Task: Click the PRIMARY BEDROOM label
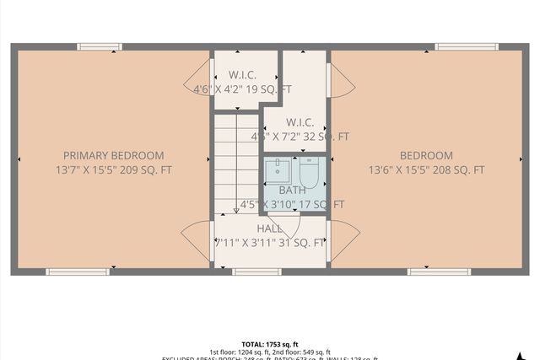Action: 114,155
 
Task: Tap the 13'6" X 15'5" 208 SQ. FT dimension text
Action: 426,169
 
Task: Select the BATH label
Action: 293,191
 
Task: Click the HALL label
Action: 270,228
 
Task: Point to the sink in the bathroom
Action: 278,172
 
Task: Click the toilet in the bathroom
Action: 309,173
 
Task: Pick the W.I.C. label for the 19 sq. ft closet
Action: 244,75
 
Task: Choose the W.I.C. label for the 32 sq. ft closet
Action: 300,122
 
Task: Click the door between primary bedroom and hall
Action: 197,240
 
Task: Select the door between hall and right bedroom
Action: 342,240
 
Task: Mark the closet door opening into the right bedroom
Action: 341,82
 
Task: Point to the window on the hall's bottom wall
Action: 256,271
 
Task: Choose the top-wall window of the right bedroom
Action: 467,46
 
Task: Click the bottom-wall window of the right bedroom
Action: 439,271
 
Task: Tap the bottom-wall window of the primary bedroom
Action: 78,271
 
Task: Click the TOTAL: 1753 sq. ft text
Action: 270,344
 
